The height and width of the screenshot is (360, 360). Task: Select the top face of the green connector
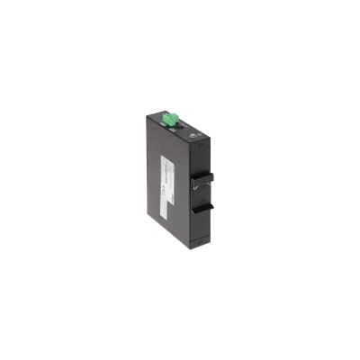(x=173, y=114)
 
